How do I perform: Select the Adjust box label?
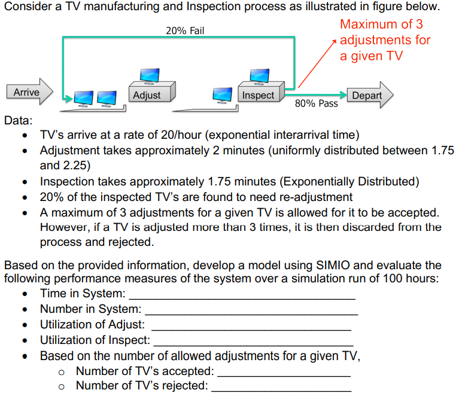click(147, 95)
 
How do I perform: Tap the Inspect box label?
click(258, 95)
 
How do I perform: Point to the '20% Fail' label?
click(185, 31)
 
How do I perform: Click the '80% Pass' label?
click(316, 103)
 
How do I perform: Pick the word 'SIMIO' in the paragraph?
click(327, 265)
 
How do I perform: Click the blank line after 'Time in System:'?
click(242, 297)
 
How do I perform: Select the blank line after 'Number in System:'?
click(251, 313)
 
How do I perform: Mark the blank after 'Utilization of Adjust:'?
click(251, 328)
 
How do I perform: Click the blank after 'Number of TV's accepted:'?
click(284, 375)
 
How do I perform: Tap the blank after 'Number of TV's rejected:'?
click(281, 390)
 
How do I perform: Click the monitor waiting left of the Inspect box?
click(222, 95)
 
